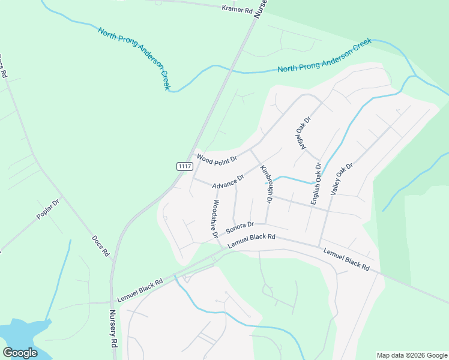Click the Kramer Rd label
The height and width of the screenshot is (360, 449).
(x=237, y=8)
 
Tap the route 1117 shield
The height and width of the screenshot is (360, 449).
(x=185, y=166)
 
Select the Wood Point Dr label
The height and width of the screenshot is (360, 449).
(x=217, y=159)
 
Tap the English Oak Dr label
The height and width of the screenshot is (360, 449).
(x=316, y=184)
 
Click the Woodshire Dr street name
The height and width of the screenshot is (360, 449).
(x=213, y=219)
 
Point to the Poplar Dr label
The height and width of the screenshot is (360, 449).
(x=49, y=208)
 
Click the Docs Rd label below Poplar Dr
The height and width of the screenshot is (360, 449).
(x=100, y=246)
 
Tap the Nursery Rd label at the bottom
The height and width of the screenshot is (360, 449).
(x=113, y=329)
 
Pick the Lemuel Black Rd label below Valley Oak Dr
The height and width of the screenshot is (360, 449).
(x=346, y=259)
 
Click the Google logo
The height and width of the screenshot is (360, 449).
(x=20, y=352)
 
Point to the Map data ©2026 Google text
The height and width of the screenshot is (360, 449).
(x=411, y=355)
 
